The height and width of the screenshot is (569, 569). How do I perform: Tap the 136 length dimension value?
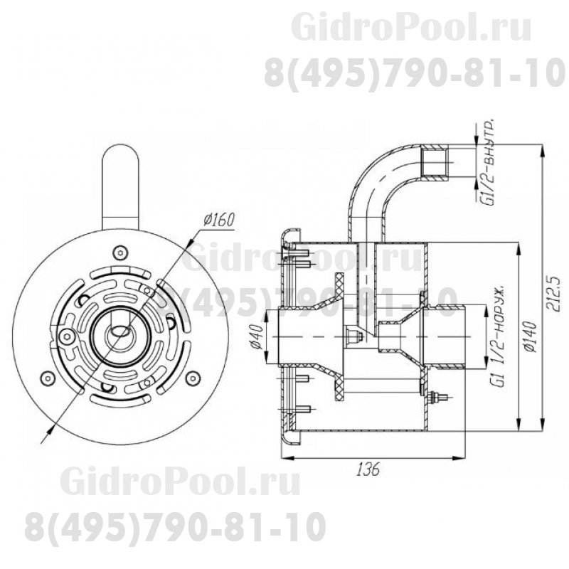(368, 470)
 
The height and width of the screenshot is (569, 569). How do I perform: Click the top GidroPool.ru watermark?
(411, 29)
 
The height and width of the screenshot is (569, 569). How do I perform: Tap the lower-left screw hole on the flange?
(49, 376)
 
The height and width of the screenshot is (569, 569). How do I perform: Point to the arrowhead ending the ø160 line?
(50, 429)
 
